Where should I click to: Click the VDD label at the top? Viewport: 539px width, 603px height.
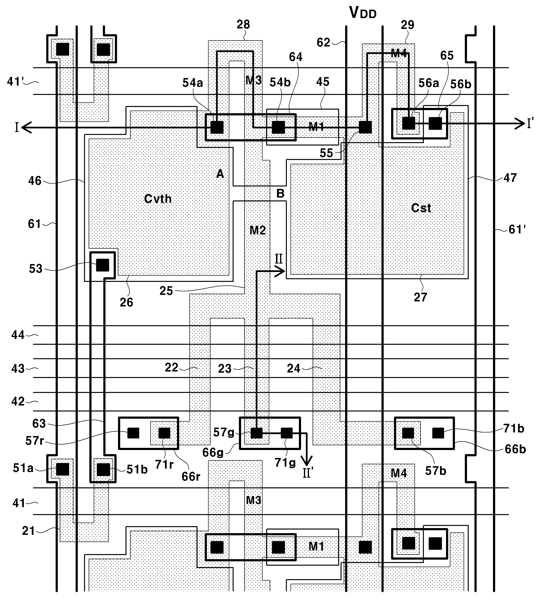pyautogui.click(x=363, y=13)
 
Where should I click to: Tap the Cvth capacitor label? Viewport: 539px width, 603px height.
pyautogui.click(x=158, y=199)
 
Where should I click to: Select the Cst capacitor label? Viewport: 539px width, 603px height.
pyautogui.click(x=421, y=208)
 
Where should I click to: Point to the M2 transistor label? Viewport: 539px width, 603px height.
pyautogui.click(x=258, y=230)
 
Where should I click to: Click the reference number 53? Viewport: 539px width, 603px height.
pyautogui.click(x=36, y=269)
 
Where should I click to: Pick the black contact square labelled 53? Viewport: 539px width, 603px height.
pyautogui.click(x=102, y=265)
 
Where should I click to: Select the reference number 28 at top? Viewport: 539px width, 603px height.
pyautogui.click(x=243, y=24)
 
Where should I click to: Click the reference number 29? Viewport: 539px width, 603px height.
pyautogui.click(x=408, y=25)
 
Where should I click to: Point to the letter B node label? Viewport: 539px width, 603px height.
pyautogui.click(x=280, y=193)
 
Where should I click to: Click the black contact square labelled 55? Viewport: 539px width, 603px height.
pyautogui.click(x=365, y=127)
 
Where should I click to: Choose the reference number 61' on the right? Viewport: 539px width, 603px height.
pyautogui.click(x=517, y=229)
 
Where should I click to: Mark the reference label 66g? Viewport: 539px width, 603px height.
pyautogui.click(x=213, y=452)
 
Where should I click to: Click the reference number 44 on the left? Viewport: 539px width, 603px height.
pyautogui.click(x=18, y=335)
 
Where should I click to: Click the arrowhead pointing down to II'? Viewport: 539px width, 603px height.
pyautogui.click(x=307, y=461)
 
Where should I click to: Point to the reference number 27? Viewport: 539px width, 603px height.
pyautogui.click(x=421, y=297)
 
